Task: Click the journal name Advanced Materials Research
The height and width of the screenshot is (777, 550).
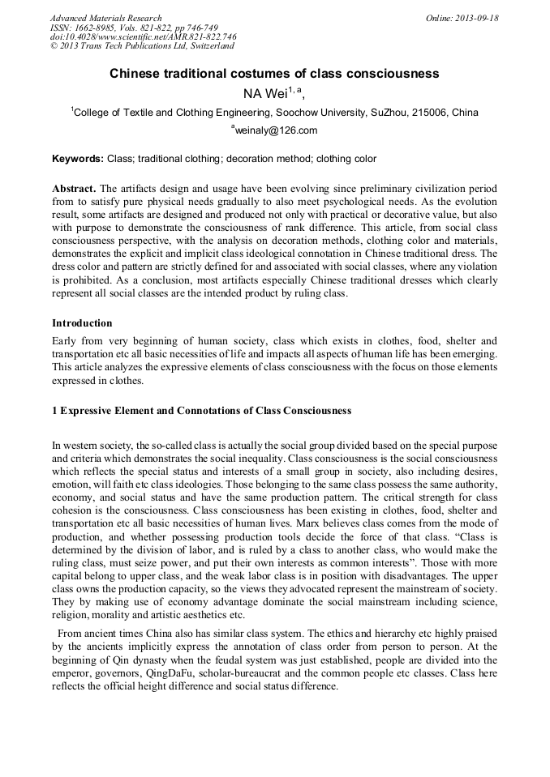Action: [105, 18]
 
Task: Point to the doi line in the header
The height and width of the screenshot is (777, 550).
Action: [144, 37]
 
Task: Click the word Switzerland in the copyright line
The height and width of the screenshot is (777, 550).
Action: [204, 47]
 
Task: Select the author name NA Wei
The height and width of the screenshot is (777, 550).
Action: [265, 93]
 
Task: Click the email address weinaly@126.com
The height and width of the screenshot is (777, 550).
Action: [277, 130]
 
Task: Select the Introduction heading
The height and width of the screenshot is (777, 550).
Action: [82, 323]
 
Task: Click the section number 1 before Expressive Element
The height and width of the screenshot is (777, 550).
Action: [54, 411]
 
